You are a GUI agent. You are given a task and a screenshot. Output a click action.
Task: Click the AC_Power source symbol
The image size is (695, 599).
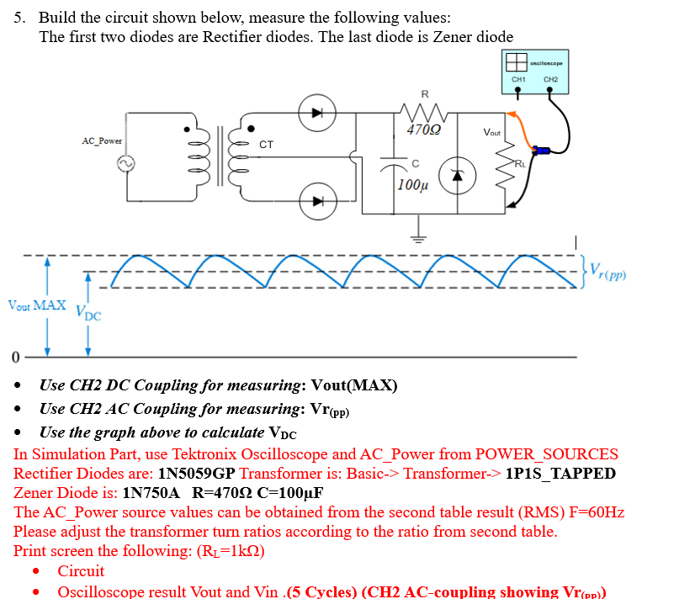[131, 165]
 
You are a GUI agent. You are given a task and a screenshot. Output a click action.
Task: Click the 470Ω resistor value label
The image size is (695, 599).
[422, 130]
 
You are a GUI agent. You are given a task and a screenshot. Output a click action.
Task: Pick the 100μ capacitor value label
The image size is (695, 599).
[412, 184]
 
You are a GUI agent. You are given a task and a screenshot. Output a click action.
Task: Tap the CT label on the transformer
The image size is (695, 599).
[266, 145]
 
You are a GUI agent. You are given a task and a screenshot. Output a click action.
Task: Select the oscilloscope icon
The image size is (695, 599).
[516, 61]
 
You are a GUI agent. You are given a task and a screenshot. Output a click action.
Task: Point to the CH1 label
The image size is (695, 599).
[519, 80]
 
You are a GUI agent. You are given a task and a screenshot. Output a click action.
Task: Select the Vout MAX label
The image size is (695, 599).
[36, 305]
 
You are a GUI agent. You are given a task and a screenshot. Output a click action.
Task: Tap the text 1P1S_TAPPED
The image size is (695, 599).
[560, 473]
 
